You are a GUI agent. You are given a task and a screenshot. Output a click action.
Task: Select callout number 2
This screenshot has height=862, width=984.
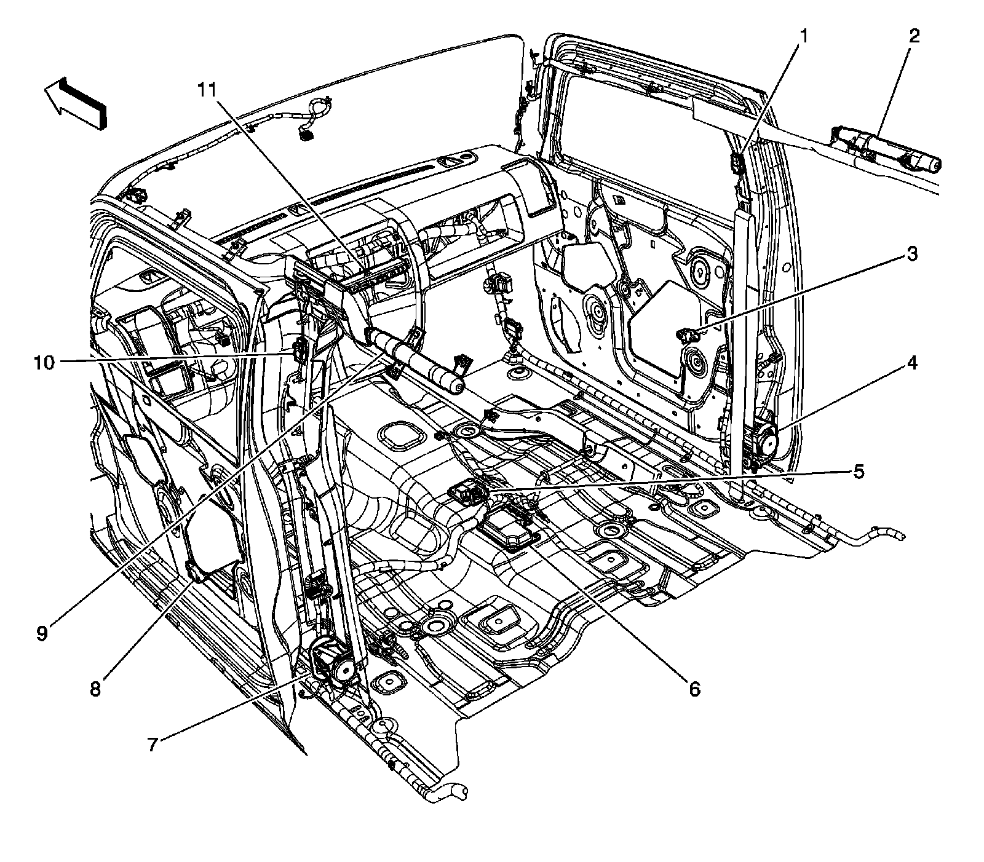915,36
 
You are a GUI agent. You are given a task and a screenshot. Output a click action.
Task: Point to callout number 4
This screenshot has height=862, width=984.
912,363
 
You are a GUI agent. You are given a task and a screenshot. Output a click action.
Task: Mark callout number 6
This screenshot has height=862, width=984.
694,689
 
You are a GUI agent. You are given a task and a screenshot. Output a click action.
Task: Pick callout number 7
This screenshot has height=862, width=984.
153,744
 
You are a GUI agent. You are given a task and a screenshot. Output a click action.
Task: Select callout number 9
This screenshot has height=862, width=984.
41,634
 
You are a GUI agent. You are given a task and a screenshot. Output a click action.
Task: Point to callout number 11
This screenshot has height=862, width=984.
207,90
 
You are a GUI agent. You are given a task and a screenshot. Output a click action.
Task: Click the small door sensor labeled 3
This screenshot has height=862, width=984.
687,335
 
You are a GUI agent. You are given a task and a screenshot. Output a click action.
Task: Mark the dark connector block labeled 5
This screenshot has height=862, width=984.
467,491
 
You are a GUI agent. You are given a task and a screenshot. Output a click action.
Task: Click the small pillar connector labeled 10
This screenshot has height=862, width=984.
300,351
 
